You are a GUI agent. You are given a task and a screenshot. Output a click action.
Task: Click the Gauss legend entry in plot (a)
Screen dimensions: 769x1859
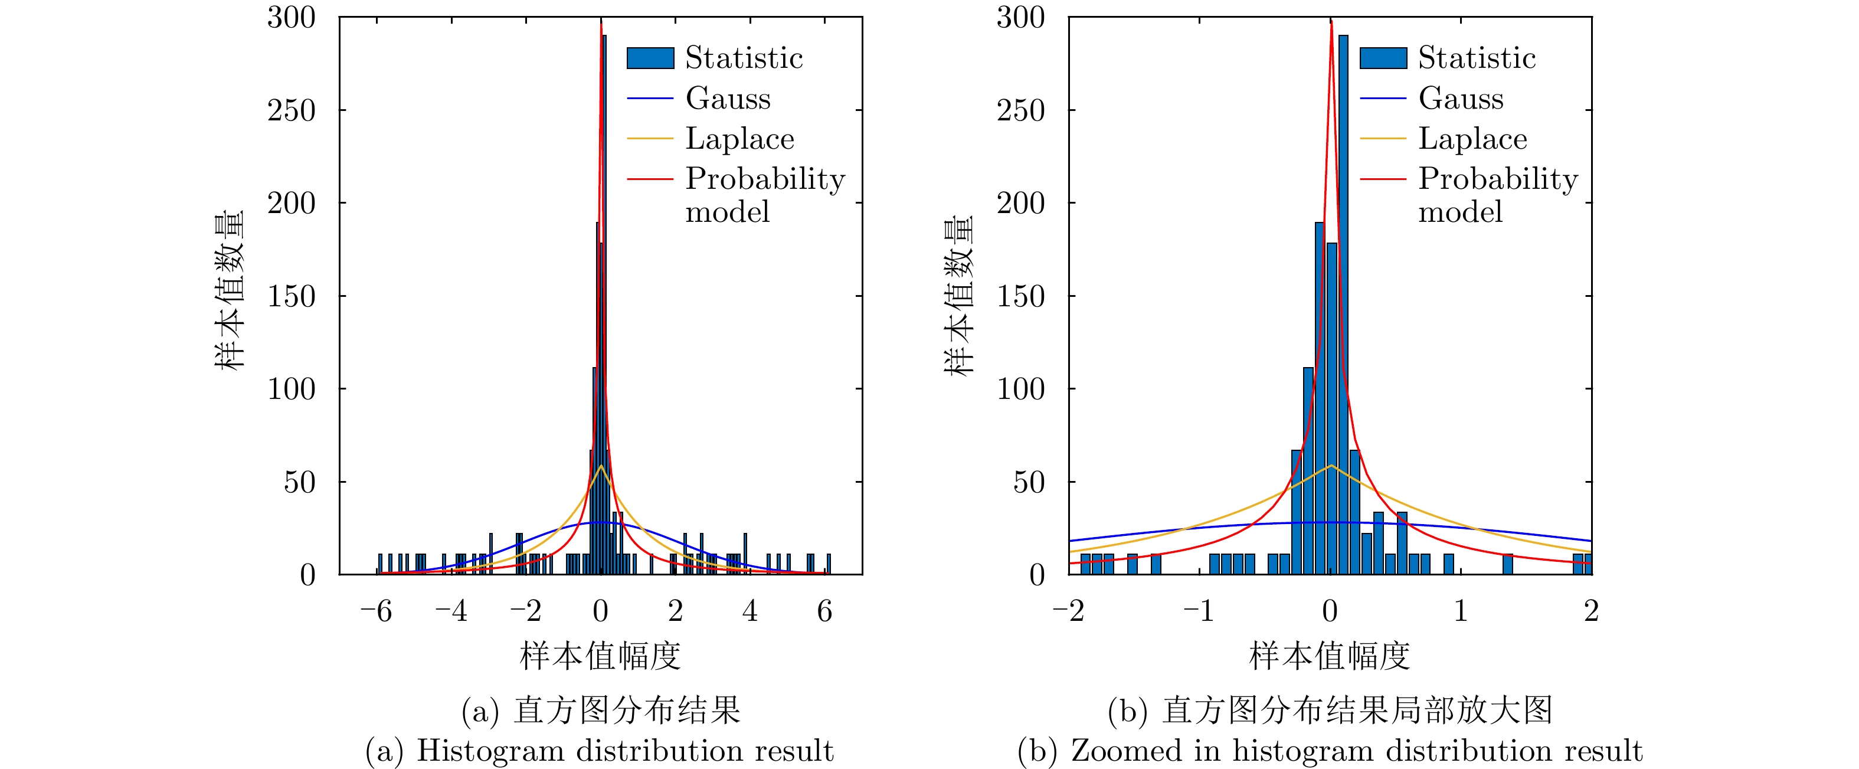pos(728,98)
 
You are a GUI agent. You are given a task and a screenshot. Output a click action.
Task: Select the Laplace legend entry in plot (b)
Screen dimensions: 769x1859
pos(1472,139)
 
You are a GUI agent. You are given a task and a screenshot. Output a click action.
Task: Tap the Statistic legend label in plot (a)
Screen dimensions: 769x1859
pos(744,58)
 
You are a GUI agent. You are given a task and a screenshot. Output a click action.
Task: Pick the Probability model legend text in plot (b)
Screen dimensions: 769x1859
pos(1497,195)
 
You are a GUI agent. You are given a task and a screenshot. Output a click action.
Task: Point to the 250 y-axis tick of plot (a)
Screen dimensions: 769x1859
pos(292,110)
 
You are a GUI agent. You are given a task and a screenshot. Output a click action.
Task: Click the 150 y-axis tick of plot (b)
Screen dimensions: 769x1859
pos(1020,296)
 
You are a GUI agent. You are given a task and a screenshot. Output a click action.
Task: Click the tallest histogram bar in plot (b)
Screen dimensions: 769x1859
pos(1343,303)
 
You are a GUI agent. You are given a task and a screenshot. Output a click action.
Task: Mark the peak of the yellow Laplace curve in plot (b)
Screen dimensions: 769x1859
pos(1331,466)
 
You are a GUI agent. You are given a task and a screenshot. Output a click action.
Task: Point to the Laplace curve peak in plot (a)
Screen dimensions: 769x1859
pos(600,466)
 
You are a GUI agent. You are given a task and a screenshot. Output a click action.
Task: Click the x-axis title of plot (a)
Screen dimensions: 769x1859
pos(600,656)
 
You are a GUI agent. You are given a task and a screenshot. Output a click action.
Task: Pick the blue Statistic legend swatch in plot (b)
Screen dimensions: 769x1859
pos(1383,58)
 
